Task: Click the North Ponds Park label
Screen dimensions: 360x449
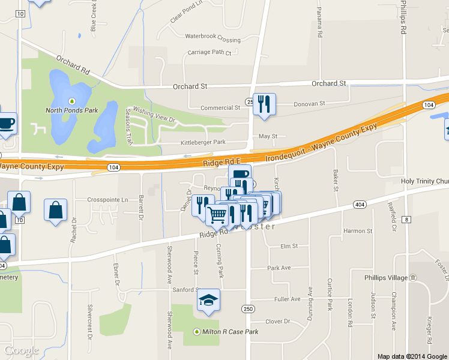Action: coord(72,110)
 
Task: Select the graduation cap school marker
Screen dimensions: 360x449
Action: coord(209,300)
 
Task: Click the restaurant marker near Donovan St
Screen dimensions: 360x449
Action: coord(264,104)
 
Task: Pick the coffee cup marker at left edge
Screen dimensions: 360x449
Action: coord(6,124)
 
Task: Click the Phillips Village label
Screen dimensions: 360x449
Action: coord(386,278)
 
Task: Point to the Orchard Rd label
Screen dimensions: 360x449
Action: coord(73,65)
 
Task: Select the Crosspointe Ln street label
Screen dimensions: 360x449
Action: coord(108,199)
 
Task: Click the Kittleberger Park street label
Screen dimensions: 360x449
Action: coord(203,143)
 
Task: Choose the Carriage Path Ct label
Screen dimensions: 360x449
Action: coord(209,53)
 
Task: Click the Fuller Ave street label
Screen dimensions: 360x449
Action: coord(286,299)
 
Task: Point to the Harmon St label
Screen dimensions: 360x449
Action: coord(358,231)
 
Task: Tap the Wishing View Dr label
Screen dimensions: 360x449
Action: coord(154,115)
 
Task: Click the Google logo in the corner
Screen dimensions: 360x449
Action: coord(21,350)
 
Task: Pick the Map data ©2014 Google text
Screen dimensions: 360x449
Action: coord(412,356)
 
